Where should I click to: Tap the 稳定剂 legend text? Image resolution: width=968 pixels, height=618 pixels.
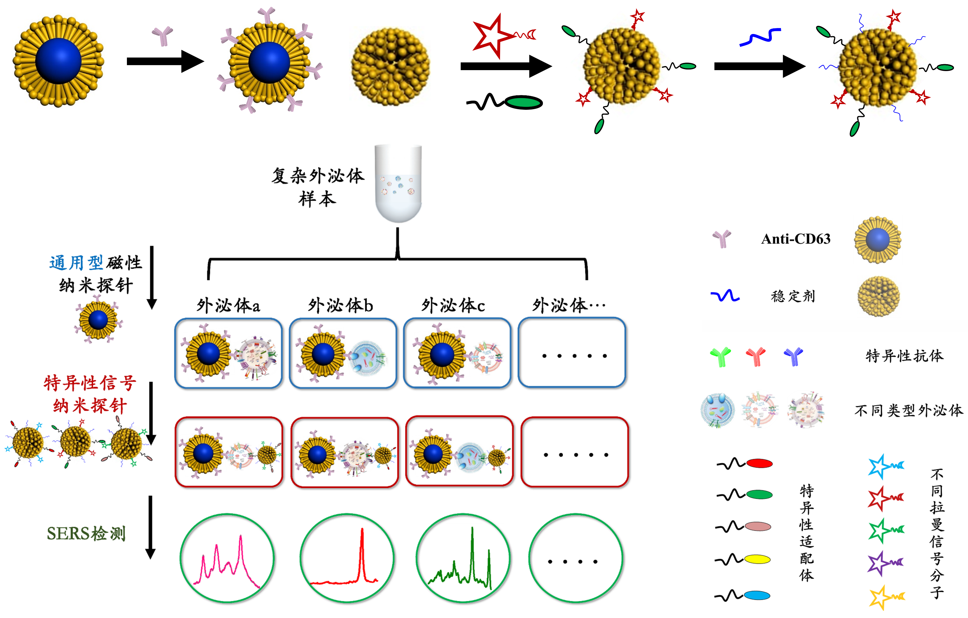793,296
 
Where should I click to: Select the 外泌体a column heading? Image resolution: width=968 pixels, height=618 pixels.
228,306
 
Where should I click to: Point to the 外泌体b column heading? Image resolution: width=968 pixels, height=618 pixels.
340,306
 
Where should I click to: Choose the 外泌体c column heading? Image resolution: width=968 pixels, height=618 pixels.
453,306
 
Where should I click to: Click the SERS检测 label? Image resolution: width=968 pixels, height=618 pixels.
86,533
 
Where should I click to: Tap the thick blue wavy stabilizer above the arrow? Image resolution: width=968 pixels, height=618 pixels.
760,37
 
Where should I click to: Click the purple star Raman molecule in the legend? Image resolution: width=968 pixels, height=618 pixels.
880,563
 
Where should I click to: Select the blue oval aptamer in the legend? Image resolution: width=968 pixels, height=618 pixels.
757,595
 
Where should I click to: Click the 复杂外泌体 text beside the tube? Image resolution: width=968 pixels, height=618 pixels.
317,176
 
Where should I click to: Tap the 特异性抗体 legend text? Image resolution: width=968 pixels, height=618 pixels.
904,356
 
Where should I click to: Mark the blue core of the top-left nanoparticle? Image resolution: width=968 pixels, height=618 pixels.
59,61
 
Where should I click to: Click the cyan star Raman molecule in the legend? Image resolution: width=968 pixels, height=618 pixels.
880,466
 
